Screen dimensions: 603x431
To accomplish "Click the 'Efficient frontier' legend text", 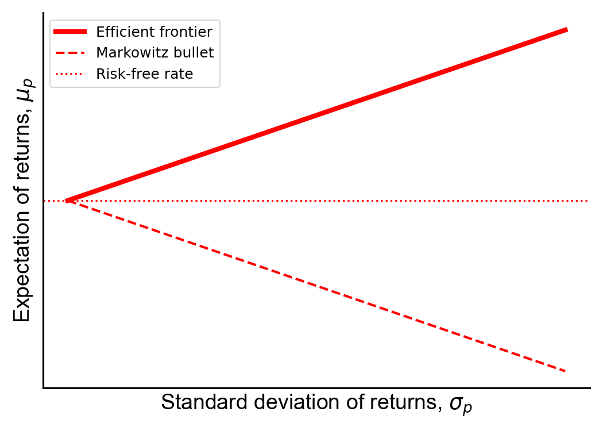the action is [154, 32].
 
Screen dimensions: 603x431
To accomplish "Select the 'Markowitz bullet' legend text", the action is [154, 53].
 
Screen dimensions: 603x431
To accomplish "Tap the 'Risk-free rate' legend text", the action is [144, 74].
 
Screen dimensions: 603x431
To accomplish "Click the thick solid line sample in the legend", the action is [70, 32].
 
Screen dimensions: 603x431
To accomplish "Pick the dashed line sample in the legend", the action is [70, 53].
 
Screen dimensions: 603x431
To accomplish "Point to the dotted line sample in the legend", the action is [70, 74].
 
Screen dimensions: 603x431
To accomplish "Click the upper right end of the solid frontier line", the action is [567, 30].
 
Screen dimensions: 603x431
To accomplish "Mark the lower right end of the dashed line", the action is [566, 371].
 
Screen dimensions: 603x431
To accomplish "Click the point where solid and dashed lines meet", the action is [67, 201].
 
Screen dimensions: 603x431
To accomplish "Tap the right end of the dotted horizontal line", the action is [587, 201].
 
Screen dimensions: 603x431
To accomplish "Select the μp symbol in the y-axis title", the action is [24, 90].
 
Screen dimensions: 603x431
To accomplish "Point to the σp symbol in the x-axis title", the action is [461, 405].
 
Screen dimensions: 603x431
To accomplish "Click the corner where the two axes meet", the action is [44, 388].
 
